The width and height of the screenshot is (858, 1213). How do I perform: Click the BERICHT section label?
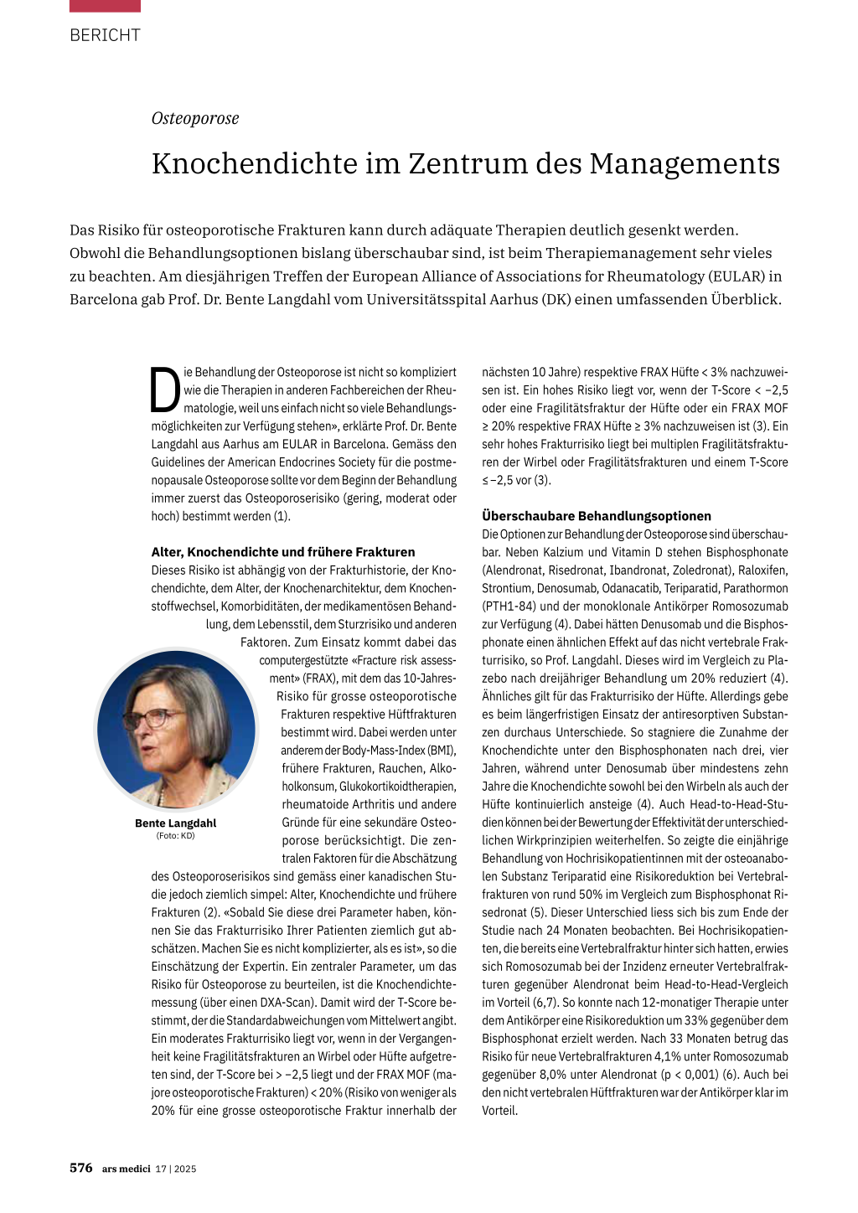click(x=105, y=35)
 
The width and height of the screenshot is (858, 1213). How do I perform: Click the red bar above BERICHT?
click(x=105, y=6)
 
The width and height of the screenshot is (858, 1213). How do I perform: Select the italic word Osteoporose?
click(x=195, y=118)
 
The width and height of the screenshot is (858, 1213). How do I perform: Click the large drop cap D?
click(x=165, y=390)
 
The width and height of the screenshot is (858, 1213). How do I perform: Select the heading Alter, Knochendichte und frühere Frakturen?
click(x=282, y=552)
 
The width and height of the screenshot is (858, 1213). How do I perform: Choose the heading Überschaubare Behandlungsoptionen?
click(x=596, y=516)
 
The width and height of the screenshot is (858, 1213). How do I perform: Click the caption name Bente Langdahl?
click(x=175, y=823)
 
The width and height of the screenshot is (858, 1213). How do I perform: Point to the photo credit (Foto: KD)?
click(x=175, y=835)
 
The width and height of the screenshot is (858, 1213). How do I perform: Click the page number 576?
click(x=81, y=1168)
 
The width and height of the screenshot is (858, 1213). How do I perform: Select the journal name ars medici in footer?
click(x=126, y=1169)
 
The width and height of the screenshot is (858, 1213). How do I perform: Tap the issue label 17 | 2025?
click(x=176, y=1169)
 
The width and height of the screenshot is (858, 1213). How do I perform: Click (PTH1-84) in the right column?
click(x=509, y=606)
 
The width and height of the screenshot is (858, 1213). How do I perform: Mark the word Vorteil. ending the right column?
click(x=499, y=1111)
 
